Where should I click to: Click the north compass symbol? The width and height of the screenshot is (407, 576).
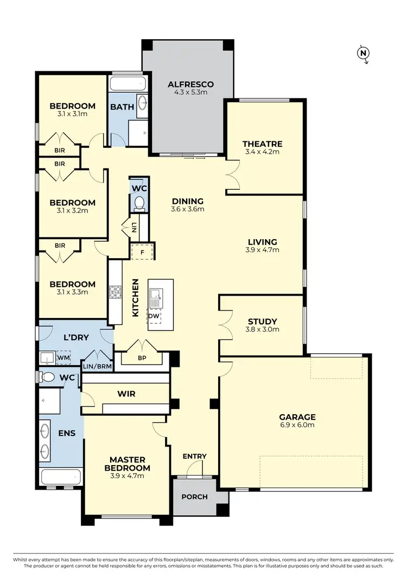[363, 53]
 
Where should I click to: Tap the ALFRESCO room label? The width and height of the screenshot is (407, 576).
[190, 84]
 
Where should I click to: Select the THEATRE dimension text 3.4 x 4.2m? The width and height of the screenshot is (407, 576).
[263, 152]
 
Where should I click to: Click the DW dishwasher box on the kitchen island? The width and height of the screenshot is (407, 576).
[154, 315]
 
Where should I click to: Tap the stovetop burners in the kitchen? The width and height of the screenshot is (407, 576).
[116, 292]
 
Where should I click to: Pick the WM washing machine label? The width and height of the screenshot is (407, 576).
[63, 358]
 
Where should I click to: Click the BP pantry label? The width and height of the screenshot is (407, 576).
[142, 359]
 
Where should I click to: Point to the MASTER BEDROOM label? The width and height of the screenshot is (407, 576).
[128, 464]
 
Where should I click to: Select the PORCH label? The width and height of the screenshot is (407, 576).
[194, 496]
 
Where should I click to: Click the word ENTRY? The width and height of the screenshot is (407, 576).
[194, 456]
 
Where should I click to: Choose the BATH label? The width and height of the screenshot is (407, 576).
[122, 107]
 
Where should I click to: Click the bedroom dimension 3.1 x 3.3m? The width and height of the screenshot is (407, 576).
[72, 292]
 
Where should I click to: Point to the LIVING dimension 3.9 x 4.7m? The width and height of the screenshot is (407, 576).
[263, 250]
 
